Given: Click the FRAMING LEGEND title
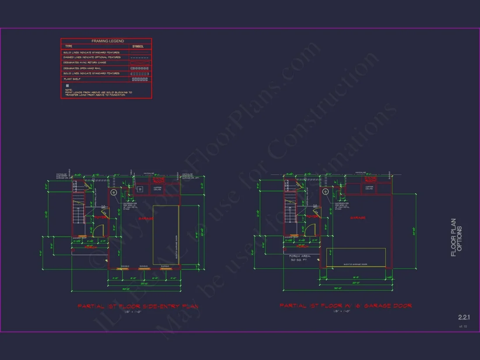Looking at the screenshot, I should tap(107, 41).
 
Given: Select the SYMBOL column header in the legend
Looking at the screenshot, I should tap(137, 46).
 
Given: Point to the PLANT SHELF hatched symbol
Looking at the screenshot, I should tap(140, 79).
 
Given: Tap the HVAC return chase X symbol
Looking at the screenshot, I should tap(140, 63).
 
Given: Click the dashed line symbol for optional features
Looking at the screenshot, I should tap(140, 58).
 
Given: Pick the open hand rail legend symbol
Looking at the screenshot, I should tap(140, 69).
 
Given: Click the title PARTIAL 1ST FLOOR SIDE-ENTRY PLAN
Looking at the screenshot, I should tap(138, 306).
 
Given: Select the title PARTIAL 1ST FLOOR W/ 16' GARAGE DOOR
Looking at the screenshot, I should tap(346, 306).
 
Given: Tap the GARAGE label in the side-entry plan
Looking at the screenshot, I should tap(146, 218).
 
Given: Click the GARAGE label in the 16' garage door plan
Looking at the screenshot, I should tap(357, 218).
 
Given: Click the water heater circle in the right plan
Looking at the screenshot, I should tap(325, 192).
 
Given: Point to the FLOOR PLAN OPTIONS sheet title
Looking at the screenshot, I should tap(456, 237).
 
